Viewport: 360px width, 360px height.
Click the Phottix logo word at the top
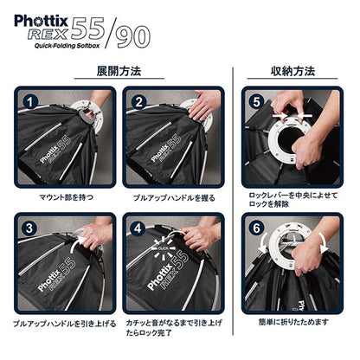point(41,21)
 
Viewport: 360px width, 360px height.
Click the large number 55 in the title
point(87,29)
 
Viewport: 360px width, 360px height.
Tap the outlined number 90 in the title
point(133,37)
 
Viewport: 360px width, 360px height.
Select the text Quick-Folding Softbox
point(67,46)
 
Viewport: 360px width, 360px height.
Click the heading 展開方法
point(119,71)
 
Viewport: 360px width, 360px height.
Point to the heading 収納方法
point(292,71)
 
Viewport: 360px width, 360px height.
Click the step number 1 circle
point(30,102)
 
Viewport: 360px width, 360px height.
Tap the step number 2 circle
point(139,102)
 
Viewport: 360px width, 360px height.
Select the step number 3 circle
point(29,228)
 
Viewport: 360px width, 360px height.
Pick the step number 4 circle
point(138,228)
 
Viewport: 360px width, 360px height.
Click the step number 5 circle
point(256,102)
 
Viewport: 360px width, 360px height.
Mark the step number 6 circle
point(256,228)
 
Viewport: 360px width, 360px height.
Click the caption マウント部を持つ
point(66,197)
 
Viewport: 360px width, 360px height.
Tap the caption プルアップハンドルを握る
point(174,198)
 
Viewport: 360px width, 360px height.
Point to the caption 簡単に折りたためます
point(293,322)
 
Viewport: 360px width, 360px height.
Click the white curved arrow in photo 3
point(75,242)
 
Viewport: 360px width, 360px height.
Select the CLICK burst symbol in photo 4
point(164,247)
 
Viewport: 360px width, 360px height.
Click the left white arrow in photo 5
point(280,115)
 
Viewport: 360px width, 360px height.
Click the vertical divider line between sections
point(233,201)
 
